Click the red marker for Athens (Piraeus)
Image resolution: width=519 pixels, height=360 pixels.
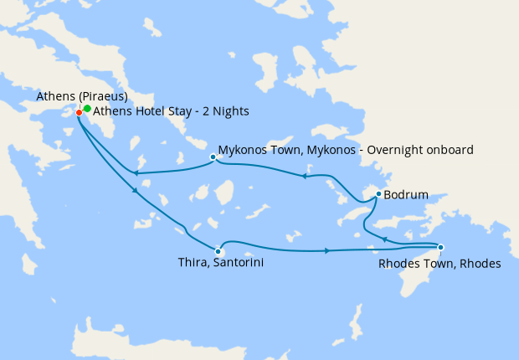[79, 112]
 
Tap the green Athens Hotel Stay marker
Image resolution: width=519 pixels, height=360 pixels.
[87, 108]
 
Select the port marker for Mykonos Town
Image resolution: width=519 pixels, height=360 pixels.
[213, 156]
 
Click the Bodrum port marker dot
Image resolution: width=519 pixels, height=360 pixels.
[378, 193]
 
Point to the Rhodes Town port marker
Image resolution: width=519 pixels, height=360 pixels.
[440, 247]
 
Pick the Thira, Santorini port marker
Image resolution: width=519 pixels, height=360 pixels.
[218, 250]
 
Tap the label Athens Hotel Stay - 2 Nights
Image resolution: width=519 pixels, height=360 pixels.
[171, 111]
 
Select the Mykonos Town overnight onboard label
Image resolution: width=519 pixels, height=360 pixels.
[346, 150]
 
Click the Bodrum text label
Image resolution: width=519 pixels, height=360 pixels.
[406, 195]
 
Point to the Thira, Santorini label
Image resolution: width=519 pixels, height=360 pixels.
[216, 263]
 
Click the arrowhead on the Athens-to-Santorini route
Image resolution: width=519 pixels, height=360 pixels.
[135, 192]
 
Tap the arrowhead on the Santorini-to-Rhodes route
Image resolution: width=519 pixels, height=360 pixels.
[326, 250]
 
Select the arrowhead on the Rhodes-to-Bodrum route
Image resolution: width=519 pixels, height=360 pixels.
[383, 239]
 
